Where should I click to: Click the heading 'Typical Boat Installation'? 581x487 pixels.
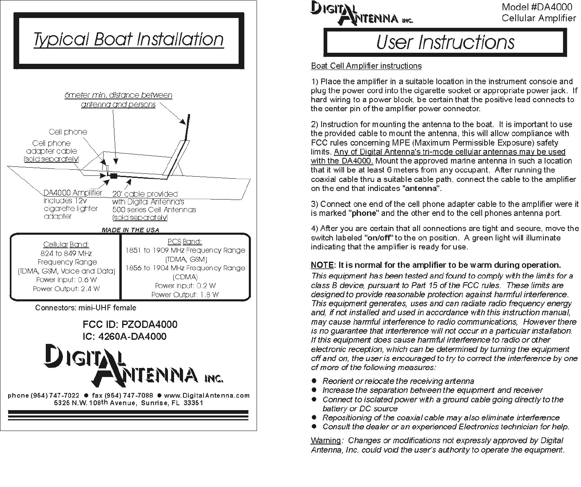coord(128,40)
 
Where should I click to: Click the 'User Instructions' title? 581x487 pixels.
coord(445,42)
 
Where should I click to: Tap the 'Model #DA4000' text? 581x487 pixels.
coord(537,7)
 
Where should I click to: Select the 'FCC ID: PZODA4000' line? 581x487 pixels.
coord(130,325)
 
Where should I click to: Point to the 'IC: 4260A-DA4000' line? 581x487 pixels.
coord(125,337)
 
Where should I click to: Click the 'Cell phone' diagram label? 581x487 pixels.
coord(68,132)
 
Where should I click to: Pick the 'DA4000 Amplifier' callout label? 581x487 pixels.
coord(73,193)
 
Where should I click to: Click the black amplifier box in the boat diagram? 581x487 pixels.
coord(114,176)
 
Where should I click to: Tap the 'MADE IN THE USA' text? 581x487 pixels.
coord(130,230)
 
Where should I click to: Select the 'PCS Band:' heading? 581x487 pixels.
coord(185,242)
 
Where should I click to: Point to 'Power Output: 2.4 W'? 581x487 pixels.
coord(66,289)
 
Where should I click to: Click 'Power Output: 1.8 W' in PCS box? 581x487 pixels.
coord(185,294)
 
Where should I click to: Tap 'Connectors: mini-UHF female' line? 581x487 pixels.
coord(85,307)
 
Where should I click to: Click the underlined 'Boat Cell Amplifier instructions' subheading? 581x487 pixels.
coord(366,66)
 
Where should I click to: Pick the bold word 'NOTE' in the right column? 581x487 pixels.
coord(322,265)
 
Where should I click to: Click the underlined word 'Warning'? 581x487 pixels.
coord(326,440)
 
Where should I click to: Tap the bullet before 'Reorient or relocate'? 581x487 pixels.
coord(314,381)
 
